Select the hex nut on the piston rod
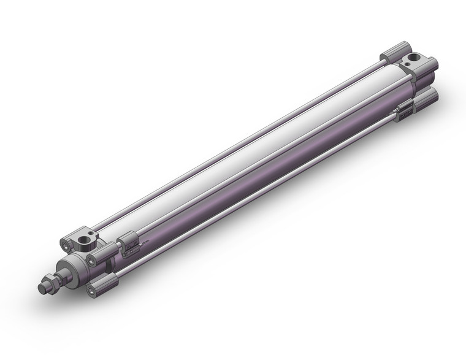[49, 285]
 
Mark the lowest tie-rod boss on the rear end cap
[427, 99]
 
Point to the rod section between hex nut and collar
[56, 280]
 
